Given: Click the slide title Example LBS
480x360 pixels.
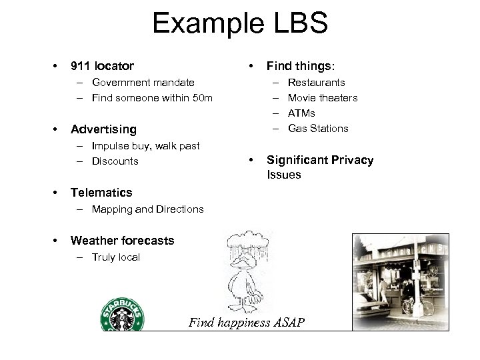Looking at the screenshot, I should [x=240, y=24].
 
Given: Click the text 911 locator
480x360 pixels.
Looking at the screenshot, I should [x=102, y=66].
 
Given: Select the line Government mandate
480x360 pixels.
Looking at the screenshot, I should [x=143, y=83].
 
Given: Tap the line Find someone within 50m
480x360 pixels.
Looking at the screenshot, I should [x=153, y=98].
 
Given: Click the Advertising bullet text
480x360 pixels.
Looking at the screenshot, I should [x=103, y=129].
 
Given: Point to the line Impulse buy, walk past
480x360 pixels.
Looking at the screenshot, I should [x=146, y=145].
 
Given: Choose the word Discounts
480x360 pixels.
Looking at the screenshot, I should [x=115, y=161].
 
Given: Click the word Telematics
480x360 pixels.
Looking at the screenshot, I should [x=101, y=192].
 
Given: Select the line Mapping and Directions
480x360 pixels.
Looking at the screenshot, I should [x=148, y=209].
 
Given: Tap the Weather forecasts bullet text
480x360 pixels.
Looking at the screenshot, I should [x=122, y=240].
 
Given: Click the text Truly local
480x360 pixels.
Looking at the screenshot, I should [x=116, y=257].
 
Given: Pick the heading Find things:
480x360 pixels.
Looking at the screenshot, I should [x=301, y=66].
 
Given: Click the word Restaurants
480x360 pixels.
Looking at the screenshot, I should [x=316, y=83].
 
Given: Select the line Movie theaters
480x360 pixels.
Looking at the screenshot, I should [x=323, y=98].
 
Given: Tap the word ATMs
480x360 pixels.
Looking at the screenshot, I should [x=301, y=113].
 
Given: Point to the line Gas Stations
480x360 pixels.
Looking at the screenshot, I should [x=318, y=129].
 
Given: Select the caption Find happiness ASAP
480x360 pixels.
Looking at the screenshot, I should [x=247, y=323].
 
